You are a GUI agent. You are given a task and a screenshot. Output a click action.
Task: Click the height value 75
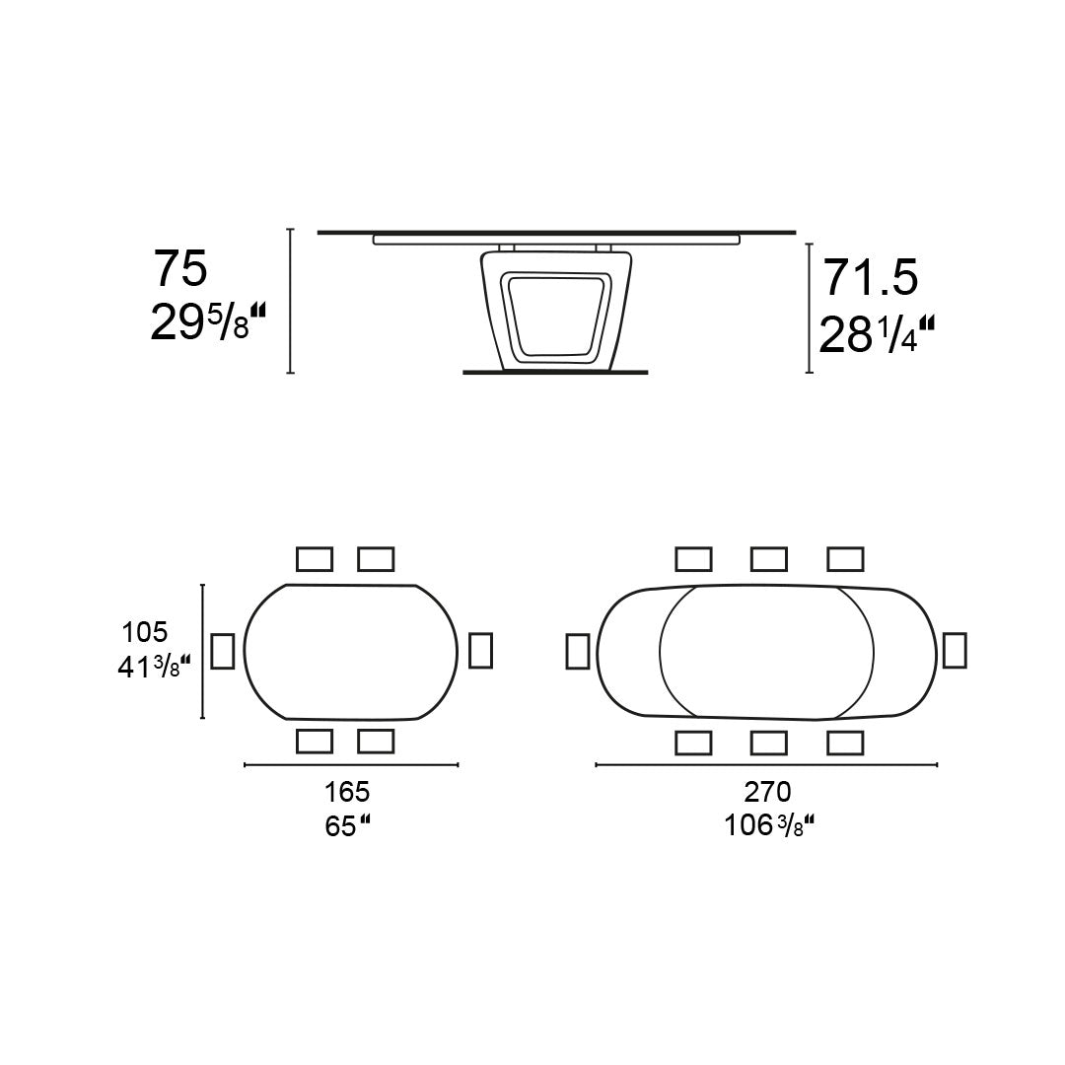(x=179, y=268)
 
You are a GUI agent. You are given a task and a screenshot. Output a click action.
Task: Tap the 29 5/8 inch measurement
(x=208, y=322)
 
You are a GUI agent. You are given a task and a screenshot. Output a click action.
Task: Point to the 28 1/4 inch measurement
(x=877, y=335)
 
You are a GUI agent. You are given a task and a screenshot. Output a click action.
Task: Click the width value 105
(x=145, y=631)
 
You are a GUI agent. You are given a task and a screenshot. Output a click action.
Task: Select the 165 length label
(x=347, y=792)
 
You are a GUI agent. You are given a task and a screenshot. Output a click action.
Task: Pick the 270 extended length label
(x=768, y=792)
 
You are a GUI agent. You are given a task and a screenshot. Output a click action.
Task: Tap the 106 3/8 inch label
(x=768, y=824)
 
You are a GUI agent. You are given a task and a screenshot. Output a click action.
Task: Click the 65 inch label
(x=347, y=825)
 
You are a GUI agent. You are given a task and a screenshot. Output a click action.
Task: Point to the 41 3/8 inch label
(x=153, y=668)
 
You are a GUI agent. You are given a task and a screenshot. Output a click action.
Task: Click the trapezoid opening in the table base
(x=552, y=313)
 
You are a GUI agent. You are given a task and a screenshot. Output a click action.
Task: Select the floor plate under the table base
(x=555, y=373)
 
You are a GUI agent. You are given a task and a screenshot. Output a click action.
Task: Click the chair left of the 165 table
(x=223, y=651)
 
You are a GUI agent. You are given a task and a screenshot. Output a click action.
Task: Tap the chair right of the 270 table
(x=954, y=651)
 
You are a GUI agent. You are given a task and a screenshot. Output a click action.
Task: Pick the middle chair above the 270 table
(x=769, y=559)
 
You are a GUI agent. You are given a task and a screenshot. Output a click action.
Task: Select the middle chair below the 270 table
(x=769, y=743)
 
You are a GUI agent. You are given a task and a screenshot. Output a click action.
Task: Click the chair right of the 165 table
(x=480, y=651)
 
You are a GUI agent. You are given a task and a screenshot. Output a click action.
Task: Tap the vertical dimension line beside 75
(x=290, y=301)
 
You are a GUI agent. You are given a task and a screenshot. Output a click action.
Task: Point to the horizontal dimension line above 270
(x=767, y=764)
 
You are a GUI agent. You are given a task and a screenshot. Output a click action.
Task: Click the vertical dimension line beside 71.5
(x=810, y=308)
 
